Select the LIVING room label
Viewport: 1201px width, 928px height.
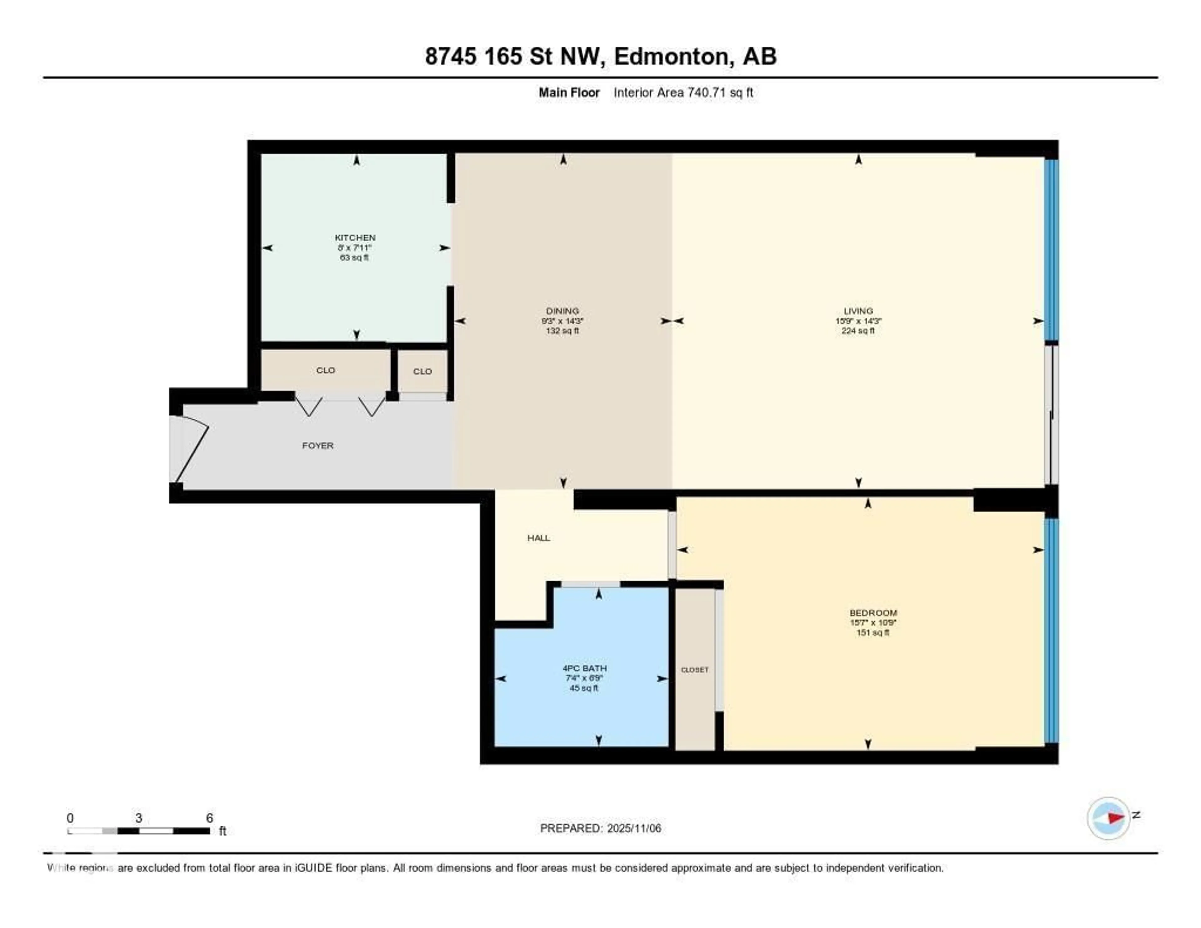858,311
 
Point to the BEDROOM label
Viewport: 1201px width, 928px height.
873,613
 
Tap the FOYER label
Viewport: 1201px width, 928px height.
317,446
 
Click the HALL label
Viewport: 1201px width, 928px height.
538,538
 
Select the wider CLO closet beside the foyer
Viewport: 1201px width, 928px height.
326,370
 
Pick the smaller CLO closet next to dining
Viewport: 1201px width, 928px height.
422,371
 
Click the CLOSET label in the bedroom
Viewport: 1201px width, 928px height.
695,670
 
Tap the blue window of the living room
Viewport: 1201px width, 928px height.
1051,250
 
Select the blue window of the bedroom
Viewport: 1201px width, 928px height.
1051,630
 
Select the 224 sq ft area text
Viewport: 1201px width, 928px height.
858,331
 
